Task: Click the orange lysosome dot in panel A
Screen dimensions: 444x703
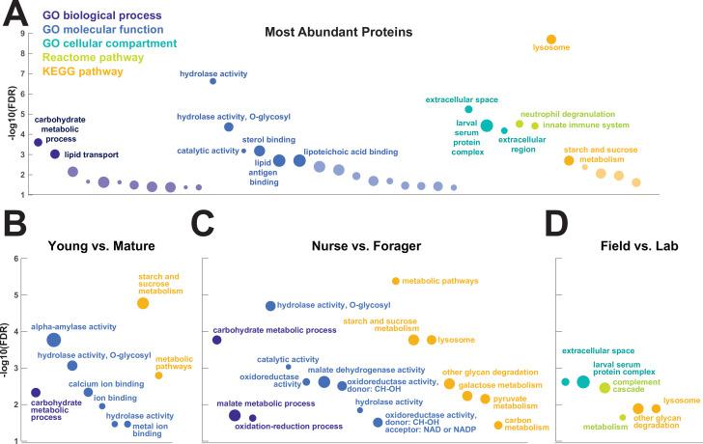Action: pos(550,40)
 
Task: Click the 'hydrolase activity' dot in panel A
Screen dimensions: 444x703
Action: pos(212,81)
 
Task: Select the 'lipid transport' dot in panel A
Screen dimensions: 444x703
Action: pos(55,154)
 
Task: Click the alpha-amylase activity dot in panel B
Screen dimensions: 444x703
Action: pos(54,340)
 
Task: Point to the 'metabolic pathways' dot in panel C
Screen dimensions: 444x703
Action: pos(396,281)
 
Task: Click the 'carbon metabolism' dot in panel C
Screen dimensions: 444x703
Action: pos(498,426)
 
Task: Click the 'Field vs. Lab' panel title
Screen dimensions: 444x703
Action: pos(636,244)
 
